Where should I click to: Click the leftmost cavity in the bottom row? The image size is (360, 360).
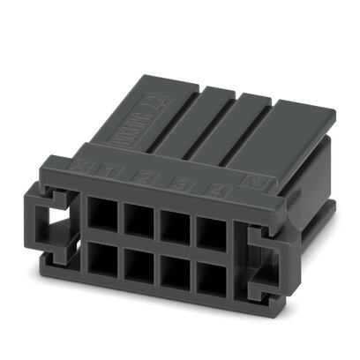coord(100,263)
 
